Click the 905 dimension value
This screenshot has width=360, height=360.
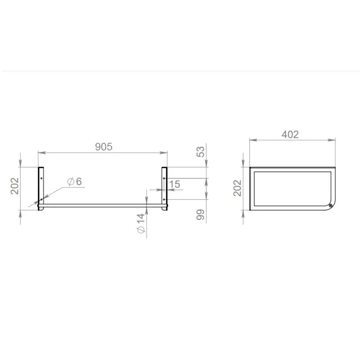(104, 147)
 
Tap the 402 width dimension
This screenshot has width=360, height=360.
(290, 135)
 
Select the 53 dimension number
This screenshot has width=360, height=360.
(200, 152)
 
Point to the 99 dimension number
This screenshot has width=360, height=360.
(200, 215)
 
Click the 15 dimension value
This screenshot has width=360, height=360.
(175, 184)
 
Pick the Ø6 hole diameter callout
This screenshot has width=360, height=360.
(74, 182)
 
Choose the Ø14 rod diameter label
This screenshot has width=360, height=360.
(141, 223)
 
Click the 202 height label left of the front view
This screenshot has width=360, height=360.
(15, 186)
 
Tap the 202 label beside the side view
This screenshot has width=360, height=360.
(238, 188)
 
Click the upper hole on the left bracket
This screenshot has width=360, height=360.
(41, 178)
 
